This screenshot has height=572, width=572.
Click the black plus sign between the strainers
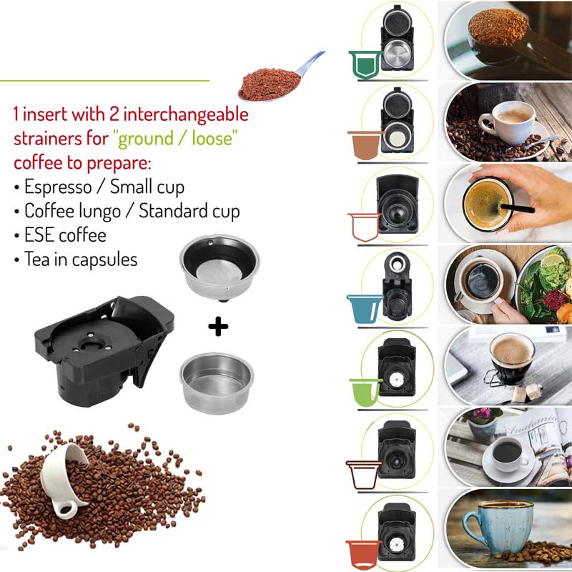click(x=218, y=327)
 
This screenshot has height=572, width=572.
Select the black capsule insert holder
click(x=104, y=351)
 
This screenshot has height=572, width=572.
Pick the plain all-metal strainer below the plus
click(x=217, y=383)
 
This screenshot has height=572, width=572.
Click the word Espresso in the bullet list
click(x=58, y=187)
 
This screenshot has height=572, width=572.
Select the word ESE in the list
click(x=39, y=235)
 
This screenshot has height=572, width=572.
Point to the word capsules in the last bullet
click(x=104, y=260)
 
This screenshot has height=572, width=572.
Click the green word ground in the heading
click(x=146, y=139)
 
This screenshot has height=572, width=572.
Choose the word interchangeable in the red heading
click(x=186, y=114)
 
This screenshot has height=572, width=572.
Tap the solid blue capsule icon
click(x=365, y=309)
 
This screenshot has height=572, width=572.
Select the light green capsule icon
click(x=365, y=393)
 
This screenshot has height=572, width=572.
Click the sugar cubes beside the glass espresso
click(x=526, y=393)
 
